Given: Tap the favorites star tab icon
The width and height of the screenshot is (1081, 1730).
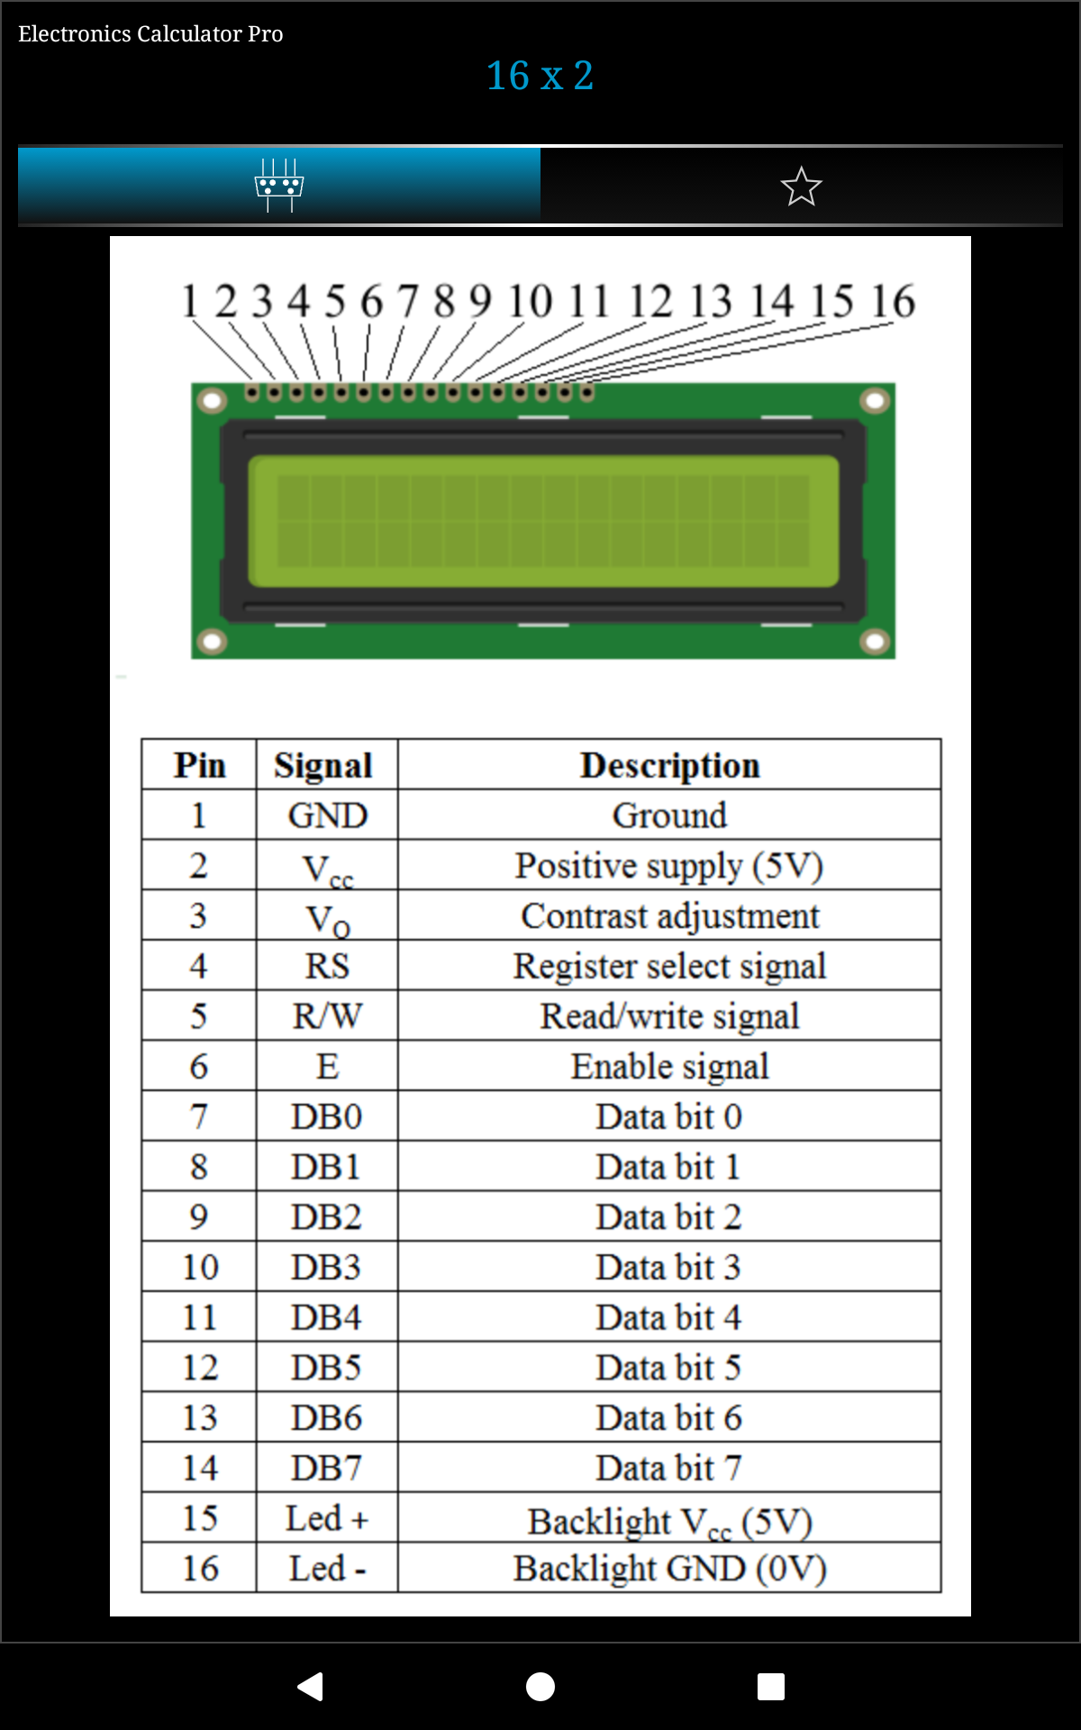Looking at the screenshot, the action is [801, 187].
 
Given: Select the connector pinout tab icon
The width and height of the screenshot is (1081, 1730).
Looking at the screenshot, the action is [279, 186].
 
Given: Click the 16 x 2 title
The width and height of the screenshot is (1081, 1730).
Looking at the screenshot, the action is [540, 76].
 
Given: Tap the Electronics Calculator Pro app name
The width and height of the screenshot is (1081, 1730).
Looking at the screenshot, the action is [150, 33].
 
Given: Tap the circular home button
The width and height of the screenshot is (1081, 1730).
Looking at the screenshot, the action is [540, 1686].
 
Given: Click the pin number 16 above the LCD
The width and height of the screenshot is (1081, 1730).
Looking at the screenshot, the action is [893, 301].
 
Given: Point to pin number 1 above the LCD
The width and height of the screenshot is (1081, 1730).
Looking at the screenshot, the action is [189, 301].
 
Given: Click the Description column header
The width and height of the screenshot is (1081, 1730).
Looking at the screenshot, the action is [670, 765].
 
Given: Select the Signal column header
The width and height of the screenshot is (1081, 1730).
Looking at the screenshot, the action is [323, 766].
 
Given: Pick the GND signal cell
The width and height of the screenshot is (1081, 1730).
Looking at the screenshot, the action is [328, 815].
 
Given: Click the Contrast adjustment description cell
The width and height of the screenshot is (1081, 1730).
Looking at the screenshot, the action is [670, 915].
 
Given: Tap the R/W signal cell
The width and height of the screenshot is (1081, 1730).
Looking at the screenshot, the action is [328, 1016].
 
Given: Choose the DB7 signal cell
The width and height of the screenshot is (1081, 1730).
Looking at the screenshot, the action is [326, 1468].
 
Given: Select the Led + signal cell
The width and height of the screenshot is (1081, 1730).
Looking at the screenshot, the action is [328, 1518].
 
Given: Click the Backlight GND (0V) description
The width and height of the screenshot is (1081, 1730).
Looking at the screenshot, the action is [670, 1569].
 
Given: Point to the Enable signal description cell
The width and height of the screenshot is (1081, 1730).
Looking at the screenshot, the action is [670, 1066].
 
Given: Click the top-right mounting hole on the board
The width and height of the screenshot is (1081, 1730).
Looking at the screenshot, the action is [875, 400].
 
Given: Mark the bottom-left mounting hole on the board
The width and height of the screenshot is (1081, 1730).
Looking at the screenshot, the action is [212, 642].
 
